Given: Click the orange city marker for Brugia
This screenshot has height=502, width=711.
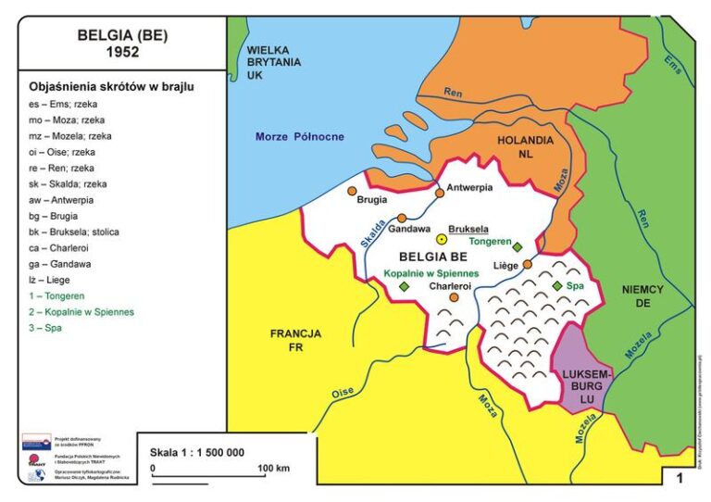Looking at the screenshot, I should click(352, 192).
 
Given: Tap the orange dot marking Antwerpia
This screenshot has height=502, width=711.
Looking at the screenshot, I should click(439, 194).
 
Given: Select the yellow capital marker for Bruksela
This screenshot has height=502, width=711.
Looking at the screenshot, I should click(443, 239).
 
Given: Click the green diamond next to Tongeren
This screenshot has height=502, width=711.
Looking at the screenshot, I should click(518, 247).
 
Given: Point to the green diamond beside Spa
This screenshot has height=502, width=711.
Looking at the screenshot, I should click(556, 286).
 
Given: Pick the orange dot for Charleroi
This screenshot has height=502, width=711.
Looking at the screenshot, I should click(454, 297).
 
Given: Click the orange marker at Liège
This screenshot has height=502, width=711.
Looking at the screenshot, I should click(527, 264).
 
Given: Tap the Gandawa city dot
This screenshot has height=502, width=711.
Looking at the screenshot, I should click(402, 218).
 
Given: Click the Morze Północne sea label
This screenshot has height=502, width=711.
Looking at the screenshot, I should click(299, 137).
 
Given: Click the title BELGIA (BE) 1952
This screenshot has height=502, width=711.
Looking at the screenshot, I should click(122, 43).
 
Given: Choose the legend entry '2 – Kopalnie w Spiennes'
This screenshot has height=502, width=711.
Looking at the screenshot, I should click(81, 312).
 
